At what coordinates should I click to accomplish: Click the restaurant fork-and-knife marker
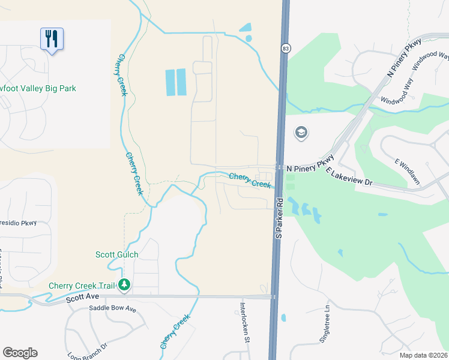click(x=52, y=40)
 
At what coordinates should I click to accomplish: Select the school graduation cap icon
click(x=301, y=133)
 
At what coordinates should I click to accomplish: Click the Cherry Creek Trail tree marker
click(x=124, y=284)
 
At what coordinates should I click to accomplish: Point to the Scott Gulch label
click(x=116, y=254)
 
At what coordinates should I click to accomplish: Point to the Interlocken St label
click(x=245, y=321)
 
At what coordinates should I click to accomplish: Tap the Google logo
click(x=20, y=353)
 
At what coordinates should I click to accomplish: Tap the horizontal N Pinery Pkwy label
click(x=310, y=169)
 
